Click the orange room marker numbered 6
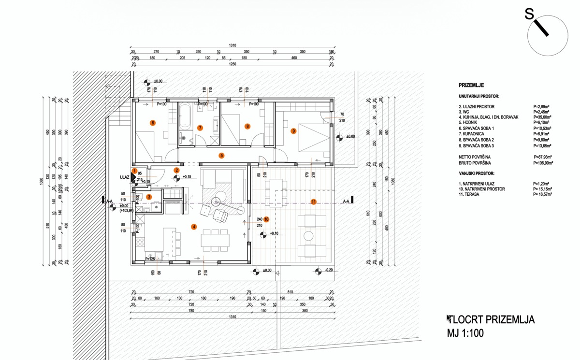pos(153,123)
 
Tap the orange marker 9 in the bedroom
pos(293,130)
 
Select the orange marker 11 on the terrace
pos(314,202)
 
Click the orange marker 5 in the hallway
pos(221,156)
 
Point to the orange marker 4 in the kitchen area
pos(194,226)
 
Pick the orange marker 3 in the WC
pos(149,197)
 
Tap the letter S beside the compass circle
pos(529,15)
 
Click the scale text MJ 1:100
pos(465,333)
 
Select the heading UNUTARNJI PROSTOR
pos(479,96)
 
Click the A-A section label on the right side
pos(346,202)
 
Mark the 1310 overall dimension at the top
pos(232,45)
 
